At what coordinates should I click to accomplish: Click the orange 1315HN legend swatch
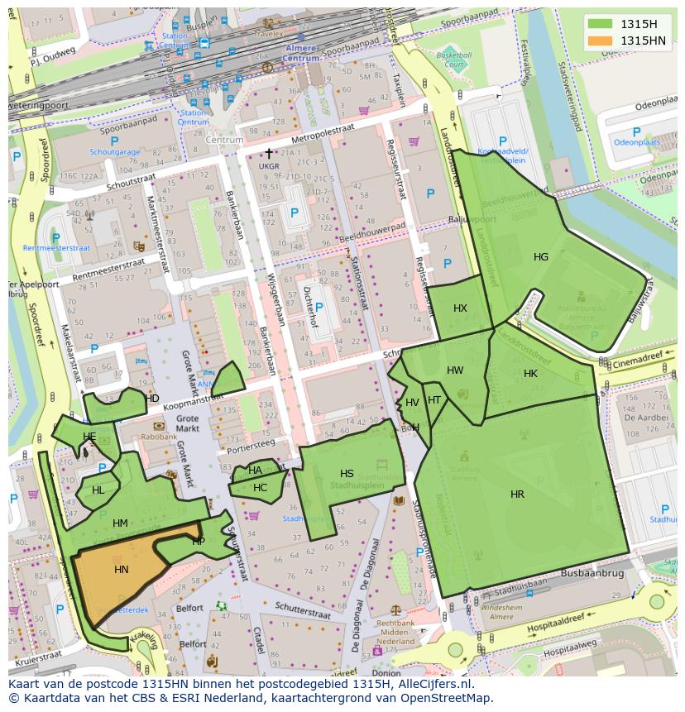[x=601, y=41]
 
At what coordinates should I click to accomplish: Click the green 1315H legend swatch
[x=601, y=24]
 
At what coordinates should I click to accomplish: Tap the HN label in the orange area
[x=122, y=570]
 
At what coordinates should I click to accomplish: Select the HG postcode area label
[x=540, y=257]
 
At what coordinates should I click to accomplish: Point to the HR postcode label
[x=517, y=495]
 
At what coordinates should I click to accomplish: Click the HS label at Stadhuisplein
[x=347, y=474]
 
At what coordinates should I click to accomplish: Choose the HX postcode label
[x=460, y=308]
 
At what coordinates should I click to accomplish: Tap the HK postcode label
[x=530, y=374]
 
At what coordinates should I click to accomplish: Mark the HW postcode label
[x=455, y=370]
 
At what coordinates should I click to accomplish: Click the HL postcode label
[x=98, y=490]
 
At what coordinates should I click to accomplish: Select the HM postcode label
[x=120, y=523]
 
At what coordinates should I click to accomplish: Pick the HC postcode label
[x=260, y=488]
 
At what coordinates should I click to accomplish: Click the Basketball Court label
[x=453, y=59]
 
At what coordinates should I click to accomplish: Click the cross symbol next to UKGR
[x=268, y=154]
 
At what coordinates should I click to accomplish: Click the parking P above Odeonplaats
[x=635, y=132]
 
